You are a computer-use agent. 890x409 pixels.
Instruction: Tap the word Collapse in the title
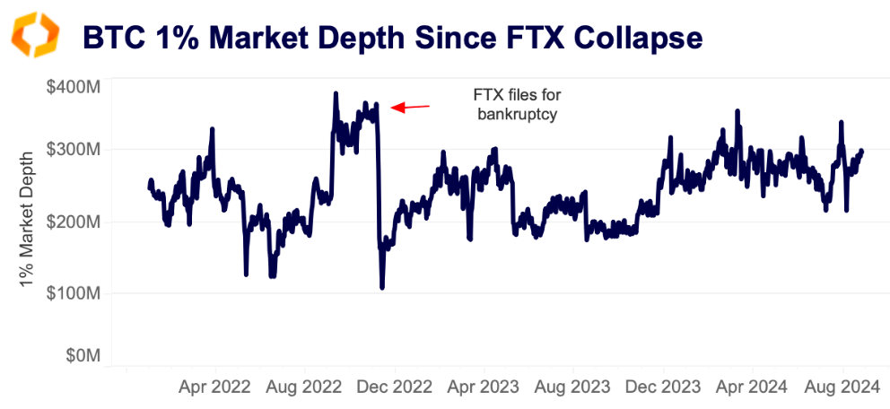(627, 37)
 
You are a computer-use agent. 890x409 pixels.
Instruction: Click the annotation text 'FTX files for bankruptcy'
(510, 103)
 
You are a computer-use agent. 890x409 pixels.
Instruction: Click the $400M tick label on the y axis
(74, 87)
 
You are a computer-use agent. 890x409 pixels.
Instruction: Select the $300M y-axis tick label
(74, 149)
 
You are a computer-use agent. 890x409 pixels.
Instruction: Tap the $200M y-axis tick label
(74, 222)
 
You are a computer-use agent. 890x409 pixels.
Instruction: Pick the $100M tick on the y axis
(74, 293)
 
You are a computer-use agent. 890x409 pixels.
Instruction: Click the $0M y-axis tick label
(80, 356)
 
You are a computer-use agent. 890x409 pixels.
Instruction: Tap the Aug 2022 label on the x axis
(305, 387)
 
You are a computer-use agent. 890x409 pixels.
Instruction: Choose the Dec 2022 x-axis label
(396, 387)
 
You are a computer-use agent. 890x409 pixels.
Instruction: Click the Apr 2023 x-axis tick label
(484, 387)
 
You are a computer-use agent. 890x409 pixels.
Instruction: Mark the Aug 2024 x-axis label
(842, 387)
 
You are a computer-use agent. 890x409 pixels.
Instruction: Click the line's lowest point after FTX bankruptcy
(382, 288)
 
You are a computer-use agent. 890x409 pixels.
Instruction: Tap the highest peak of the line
(336, 93)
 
